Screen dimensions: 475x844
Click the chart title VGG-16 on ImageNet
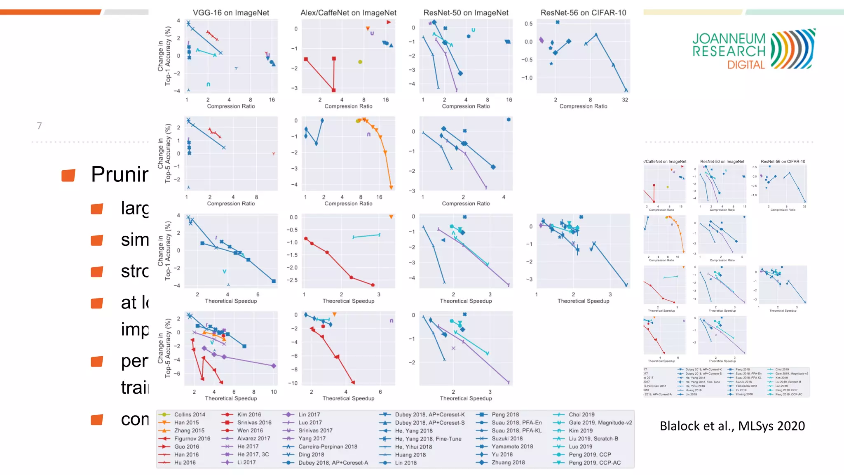pyautogui.click(x=231, y=13)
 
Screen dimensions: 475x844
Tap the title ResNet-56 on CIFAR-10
pyautogui.click(x=583, y=13)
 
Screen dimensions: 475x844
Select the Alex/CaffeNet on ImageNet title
pyautogui.click(x=348, y=13)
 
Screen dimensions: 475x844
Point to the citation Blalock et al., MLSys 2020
pyautogui.click(x=732, y=426)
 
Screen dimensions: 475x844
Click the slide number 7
pyautogui.click(x=39, y=126)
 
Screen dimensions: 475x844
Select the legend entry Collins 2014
pyautogui.click(x=189, y=414)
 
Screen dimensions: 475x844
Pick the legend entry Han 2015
pyautogui.click(x=186, y=423)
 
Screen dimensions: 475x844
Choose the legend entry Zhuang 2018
pyautogui.click(x=508, y=463)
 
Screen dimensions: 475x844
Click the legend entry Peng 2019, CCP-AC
pyautogui.click(x=594, y=463)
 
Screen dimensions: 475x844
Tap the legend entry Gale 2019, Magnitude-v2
pyautogui.click(x=600, y=423)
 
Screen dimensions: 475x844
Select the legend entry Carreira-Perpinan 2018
pyautogui.click(x=328, y=447)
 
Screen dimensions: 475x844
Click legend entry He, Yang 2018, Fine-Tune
pyautogui.click(x=428, y=439)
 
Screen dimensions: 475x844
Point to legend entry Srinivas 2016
pyautogui.click(x=254, y=423)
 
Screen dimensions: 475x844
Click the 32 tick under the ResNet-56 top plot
pyautogui.click(x=625, y=100)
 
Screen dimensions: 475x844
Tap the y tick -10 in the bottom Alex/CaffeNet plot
pyautogui.click(x=293, y=383)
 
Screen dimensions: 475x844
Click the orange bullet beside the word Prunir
pyautogui.click(x=68, y=175)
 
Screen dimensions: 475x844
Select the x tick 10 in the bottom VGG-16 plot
pyautogui.click(x=274, y=392)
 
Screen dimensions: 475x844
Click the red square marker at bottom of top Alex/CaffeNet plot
pyautogui.click(x=333, y=90)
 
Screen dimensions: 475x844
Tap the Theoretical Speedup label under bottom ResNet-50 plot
pyautogui.click(x=466, y=398)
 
